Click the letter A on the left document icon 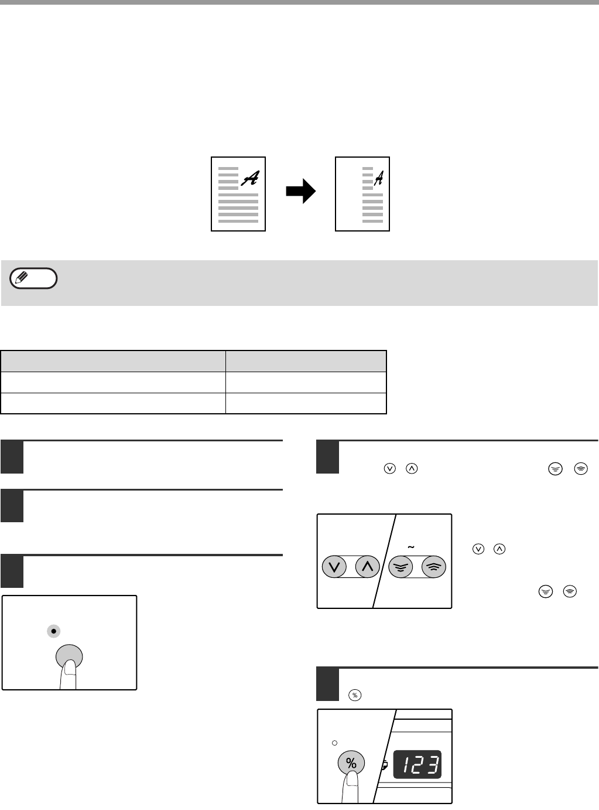(250, 179)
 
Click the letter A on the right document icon (379, 176)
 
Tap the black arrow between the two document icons (300, 192)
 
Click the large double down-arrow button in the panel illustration (401, 567)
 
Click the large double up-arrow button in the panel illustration (434, 567)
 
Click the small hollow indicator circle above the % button (334, 743)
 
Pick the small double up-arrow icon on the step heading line (580, 468)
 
